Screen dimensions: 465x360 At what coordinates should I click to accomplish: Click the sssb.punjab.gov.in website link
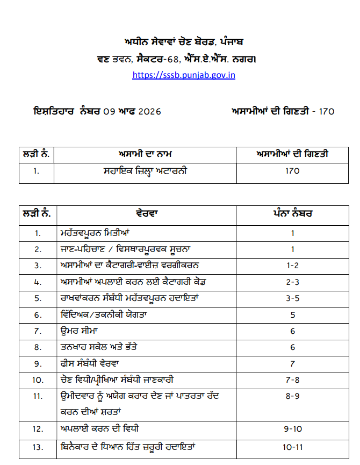click(x=184, y=75)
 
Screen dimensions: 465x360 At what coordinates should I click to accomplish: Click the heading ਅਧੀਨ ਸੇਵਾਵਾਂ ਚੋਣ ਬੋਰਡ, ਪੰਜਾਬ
click(x=184, y=42)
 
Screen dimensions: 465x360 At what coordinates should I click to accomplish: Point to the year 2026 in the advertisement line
click(x=150, y=112)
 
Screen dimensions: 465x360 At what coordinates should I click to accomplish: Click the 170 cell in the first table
click(x=293, y=171)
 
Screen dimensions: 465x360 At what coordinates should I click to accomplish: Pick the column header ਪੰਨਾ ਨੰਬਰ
click(x=293, y=213)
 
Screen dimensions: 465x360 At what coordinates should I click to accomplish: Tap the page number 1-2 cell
click(x=293, y=265)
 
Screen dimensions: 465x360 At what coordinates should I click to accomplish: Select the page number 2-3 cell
click(x=293, y=281)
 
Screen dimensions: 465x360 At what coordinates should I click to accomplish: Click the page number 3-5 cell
click(x=293, y=297)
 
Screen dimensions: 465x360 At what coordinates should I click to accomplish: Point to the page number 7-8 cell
click(x=293, y=380)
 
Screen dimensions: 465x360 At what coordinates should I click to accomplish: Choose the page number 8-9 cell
click(x=293, y=396)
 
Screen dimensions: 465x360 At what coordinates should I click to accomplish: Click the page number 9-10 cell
click(x=293, y=429)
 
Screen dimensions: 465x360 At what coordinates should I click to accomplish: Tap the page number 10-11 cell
click(x=293, y=446)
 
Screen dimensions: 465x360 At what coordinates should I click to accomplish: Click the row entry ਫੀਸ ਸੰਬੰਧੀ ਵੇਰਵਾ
click(x=97, y=364)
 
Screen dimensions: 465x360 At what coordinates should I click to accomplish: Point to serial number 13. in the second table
click(x=38, y=446)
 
